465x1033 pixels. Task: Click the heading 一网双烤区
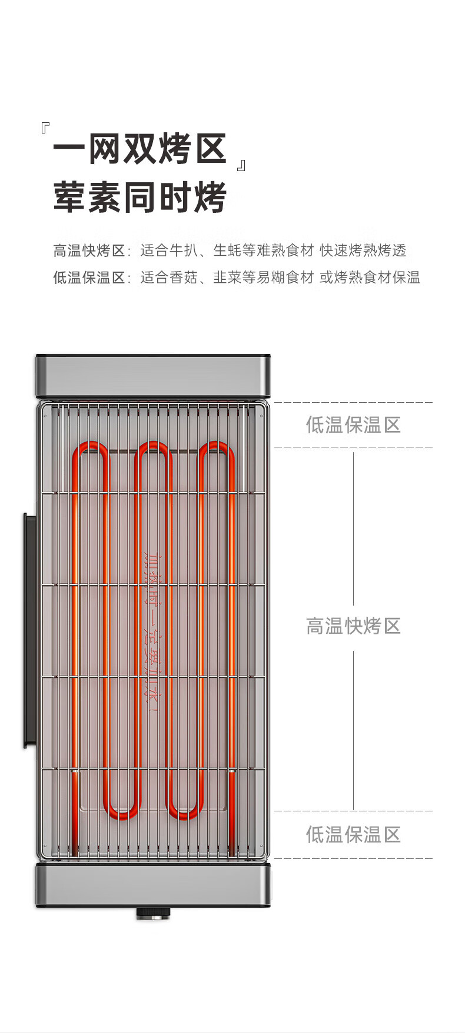click(140, 149)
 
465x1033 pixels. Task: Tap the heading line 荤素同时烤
click(140, 197)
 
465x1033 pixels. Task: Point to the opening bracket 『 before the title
click(45, 128)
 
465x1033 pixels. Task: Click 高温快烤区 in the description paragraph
click(89, 251)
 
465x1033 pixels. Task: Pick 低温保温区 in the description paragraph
click(89, 278)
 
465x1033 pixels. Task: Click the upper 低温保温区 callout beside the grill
click(353, 424)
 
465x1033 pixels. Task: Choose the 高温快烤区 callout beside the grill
click(353, 626)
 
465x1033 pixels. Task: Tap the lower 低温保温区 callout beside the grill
click(353, 834)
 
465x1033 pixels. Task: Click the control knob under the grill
click(153, 914)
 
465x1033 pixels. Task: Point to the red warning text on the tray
click(153, 632)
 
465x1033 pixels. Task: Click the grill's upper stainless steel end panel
click(153, 376)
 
